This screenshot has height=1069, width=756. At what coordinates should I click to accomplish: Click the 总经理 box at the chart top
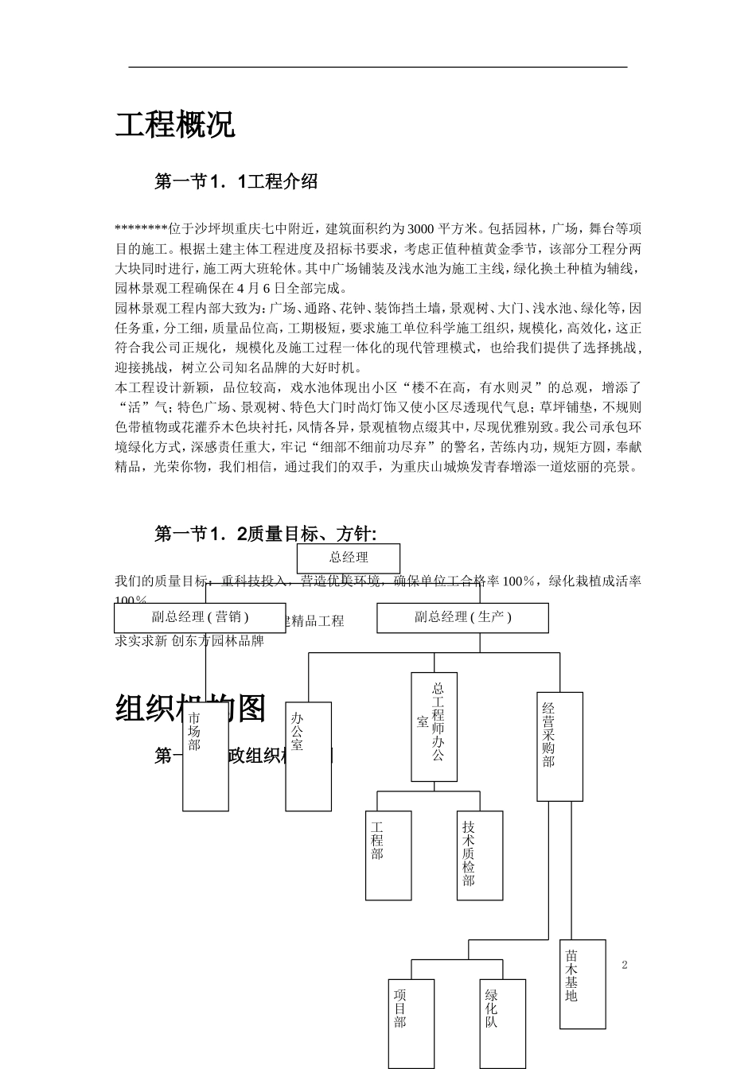(x=348, y=558)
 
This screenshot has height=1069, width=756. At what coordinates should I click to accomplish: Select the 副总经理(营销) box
(x=200, y=617)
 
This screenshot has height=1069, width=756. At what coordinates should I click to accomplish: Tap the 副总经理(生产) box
(x=462, y=617)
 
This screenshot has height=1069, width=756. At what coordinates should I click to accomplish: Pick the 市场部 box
(x=205, y=756)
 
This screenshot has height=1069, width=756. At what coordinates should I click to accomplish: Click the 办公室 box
(x=308, y=756)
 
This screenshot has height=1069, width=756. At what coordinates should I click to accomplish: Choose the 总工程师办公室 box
(x=434, y=726)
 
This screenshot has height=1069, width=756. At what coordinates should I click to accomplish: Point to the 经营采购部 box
(x=559, y=745)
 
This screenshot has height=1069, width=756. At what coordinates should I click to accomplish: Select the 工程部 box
(x=388, y=855)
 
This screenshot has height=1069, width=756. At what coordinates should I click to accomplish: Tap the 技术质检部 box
(x=480, y=855)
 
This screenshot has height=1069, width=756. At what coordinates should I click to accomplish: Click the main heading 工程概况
(x=175, y=125)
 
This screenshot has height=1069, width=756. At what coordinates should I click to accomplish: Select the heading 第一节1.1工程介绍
(x=236, y=182)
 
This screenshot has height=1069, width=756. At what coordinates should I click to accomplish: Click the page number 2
(x=625, y=966)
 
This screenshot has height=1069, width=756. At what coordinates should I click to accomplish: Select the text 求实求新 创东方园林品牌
(x=189, y=640)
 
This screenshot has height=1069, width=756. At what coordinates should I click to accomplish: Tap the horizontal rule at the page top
(x=378, y=67)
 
